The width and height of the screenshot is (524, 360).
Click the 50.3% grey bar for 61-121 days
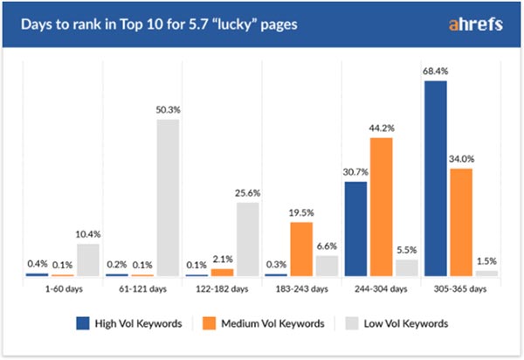pyautogui.click(x=168, y=197)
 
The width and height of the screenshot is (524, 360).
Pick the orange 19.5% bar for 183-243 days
pyautogui.click(x=301, y=249)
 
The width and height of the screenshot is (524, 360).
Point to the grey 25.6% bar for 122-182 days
pyautogui.click(x=247, y=239)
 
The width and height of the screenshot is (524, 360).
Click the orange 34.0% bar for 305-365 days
pyautogui.click(x=459, y=222)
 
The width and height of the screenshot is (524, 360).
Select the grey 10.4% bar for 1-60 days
pyautogui.click(x=88, y=260)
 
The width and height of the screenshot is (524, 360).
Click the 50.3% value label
pyautogui.click(x=168, y=111)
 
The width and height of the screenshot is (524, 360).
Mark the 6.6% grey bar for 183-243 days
pyautogui.click(x=327, y=266)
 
